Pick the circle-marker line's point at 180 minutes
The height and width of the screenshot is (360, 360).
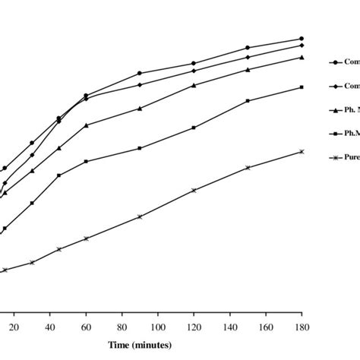[302, 39]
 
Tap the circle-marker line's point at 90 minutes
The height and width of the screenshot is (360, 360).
[140, 73]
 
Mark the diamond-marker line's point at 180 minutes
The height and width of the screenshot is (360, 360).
[302, 46]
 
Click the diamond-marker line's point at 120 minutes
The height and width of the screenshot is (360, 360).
[194, 71]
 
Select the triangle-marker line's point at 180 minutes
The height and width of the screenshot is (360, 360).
[302, 57]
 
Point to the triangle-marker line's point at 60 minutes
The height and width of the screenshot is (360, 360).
[86, 125]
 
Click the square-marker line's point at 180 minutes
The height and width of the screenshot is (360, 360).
[302, 87]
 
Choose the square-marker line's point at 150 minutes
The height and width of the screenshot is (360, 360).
[248, 100]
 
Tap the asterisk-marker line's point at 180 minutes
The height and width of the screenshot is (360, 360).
[302, 152]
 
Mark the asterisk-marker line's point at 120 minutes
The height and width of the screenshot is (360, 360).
[194, 191]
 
